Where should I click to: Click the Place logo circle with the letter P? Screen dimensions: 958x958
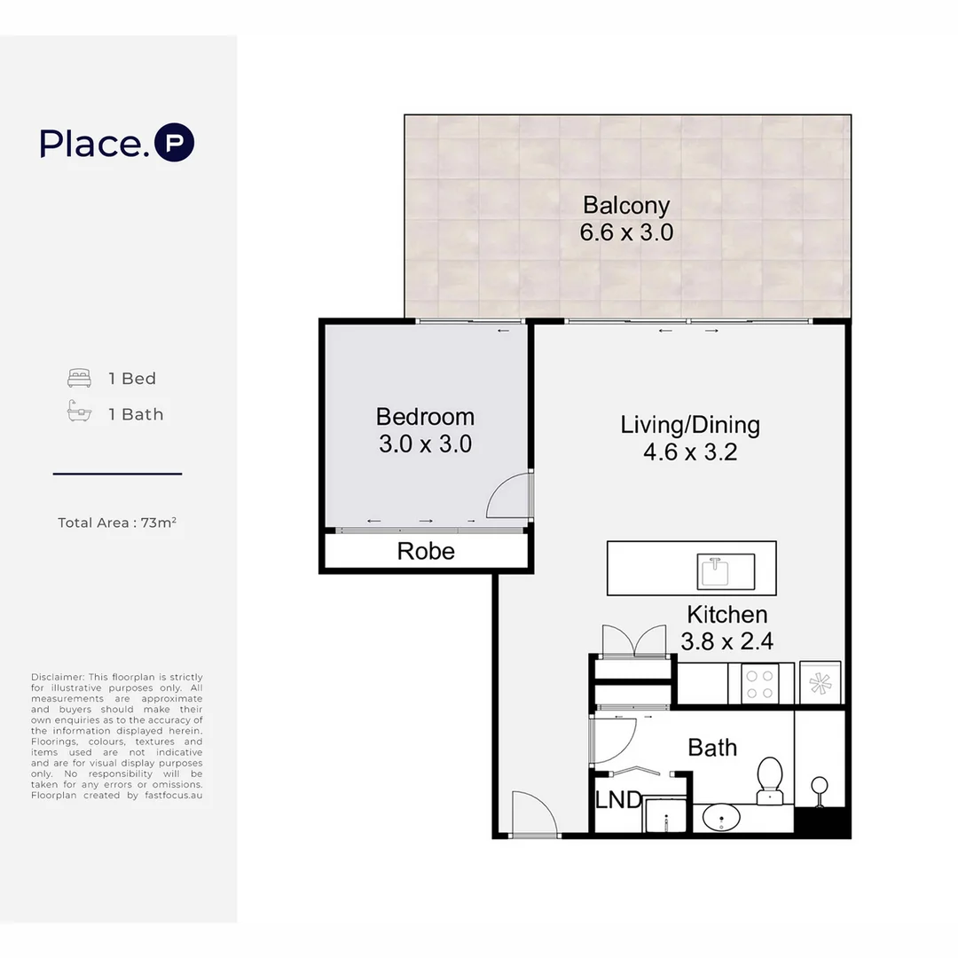[174, 144]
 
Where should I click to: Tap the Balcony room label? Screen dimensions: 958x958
[626, 205]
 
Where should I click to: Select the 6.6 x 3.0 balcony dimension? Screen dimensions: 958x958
[626, 233]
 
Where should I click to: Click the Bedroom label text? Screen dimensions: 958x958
[425, 416]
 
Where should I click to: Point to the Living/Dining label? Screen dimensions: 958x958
[690, 424]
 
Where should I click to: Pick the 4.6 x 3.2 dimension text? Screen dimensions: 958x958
[690, 452]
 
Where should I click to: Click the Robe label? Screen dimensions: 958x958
[426, 551]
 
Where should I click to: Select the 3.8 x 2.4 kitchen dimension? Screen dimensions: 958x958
[726, 640]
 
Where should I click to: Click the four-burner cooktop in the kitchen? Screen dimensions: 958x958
[759, 684]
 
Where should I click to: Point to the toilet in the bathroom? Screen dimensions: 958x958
[768, 779]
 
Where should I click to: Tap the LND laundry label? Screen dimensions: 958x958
[618, 800]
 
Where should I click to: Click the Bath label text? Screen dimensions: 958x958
[712, 748]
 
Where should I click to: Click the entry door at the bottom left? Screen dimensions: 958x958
[534, 813]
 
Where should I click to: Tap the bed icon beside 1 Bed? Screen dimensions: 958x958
[80, 379]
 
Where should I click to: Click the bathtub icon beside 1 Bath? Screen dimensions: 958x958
[80, 413]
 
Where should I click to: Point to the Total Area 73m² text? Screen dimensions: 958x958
[117, 522]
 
